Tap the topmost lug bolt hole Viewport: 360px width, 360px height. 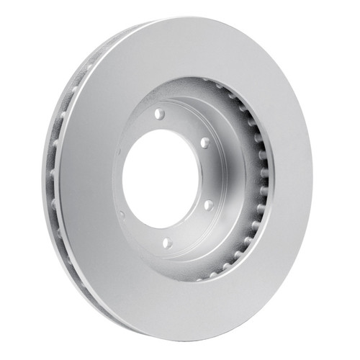(159, 114)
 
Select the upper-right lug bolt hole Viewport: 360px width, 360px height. (204, 143)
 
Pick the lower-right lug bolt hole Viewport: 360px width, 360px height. (208, 204)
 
